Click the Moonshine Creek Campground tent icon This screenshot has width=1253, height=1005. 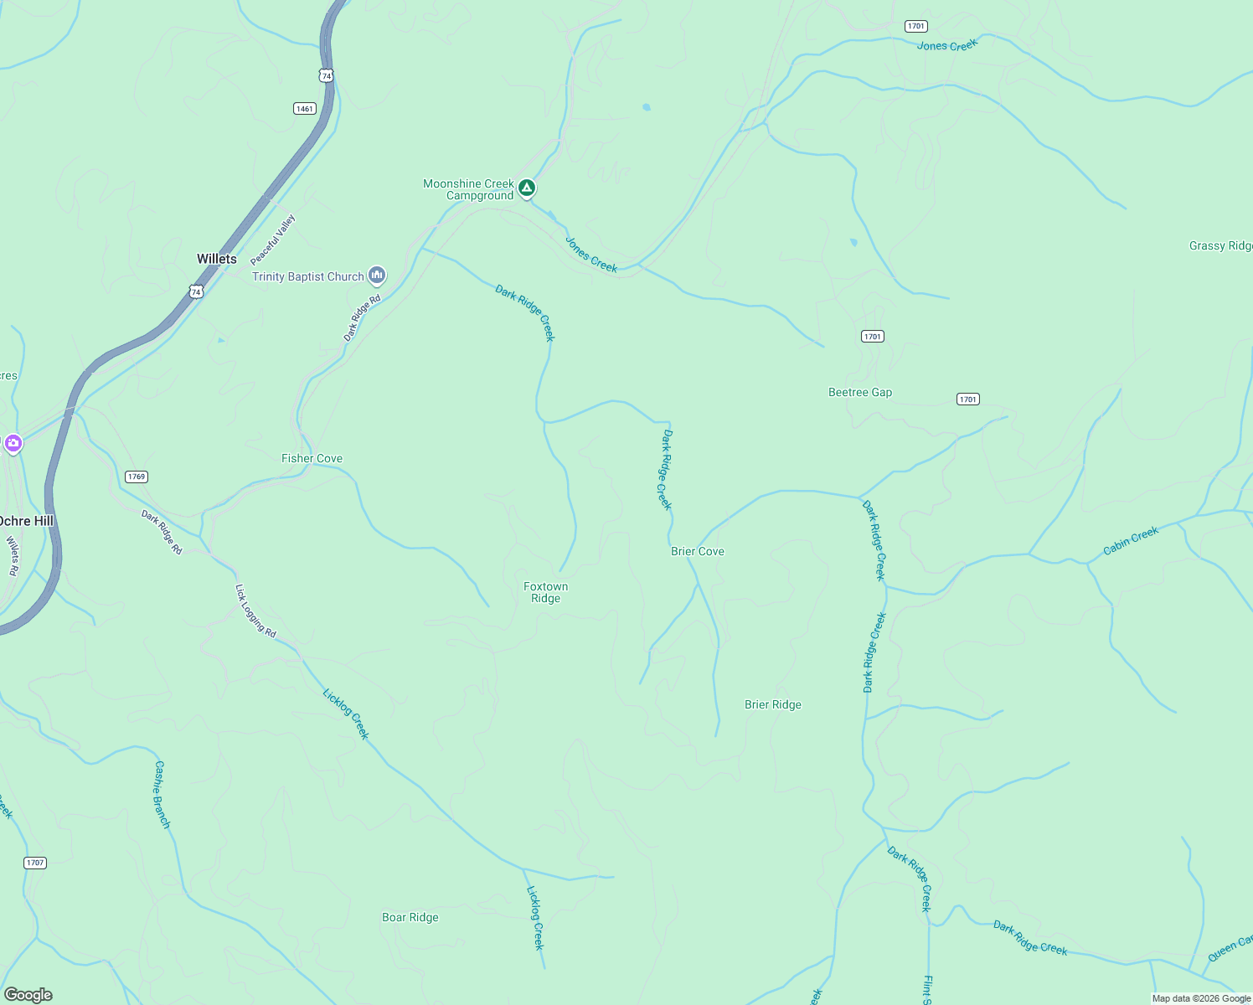[526, 188]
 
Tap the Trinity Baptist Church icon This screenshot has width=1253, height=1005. [377, 275]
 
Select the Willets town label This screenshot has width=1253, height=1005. [216, 259]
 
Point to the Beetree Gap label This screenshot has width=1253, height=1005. [859, 392]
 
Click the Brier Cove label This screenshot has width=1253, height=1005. [697, 551]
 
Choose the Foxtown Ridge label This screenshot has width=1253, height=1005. [545, 592]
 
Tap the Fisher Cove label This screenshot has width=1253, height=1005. [312, 458]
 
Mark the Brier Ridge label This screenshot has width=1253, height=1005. [772, 704]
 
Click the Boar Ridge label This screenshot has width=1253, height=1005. [410, 917]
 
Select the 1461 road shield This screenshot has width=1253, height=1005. [304, 109]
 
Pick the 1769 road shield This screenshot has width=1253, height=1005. [136, 477]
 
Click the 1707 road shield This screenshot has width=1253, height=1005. [34, 863]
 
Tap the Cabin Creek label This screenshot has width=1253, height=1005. [1131, 540]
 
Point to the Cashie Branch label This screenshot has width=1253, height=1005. [162, 795]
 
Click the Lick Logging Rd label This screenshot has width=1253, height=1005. [255, 611]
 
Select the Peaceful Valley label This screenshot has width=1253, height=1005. [273, 240]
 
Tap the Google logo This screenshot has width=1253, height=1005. [28, 995]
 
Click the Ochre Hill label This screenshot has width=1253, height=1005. [27, 521]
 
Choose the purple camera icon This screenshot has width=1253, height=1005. [13, 443]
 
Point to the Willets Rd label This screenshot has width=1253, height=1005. [13, 556]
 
